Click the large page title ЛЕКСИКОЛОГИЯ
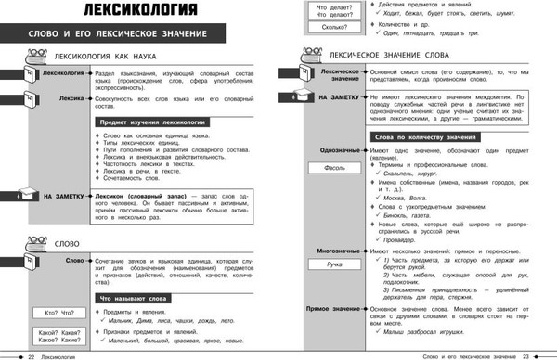click(129, 12)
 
